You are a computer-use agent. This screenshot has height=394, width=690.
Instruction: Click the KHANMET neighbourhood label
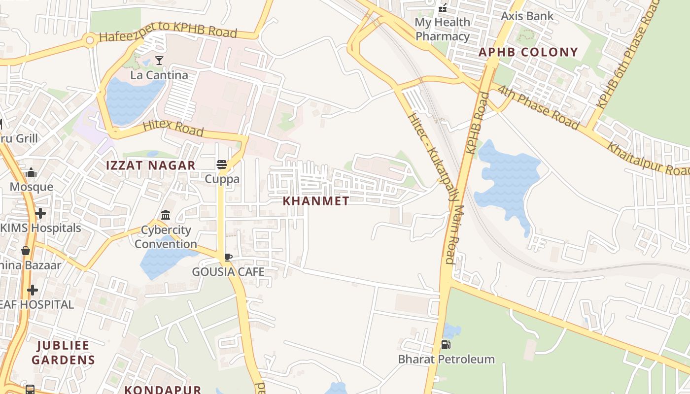click(x=316, y=201)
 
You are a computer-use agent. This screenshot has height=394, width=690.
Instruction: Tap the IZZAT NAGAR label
click(x=151, y=165)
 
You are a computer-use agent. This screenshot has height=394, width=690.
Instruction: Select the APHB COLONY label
click(x=528, y=52)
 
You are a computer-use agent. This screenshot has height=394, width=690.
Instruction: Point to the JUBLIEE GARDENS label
click(x=63, y=352)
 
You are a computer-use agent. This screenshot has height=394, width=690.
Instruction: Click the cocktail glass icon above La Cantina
click(x=159, y=61)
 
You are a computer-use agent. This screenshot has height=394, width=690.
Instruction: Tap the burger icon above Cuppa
click(x=222, y=164)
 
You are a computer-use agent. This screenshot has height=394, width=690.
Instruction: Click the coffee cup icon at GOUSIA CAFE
click(x=228, y=257)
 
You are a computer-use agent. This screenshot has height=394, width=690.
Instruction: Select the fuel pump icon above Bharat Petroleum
click(x=446, y=345)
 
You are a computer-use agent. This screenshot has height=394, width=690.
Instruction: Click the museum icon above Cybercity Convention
click(x=166, y=215)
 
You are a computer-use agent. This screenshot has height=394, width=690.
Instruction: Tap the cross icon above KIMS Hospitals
click(x=40, y=213)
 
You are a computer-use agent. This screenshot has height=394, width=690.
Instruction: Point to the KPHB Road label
click(x=477, y=123)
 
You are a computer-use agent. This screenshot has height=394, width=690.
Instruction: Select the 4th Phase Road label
click(x=538, y=107)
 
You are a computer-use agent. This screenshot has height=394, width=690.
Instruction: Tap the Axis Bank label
click(x=527, y=16)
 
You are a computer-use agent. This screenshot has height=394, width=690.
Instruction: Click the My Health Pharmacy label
click(x=442, y=29)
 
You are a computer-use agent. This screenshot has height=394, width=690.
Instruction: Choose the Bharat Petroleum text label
click(x=446, y=359)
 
